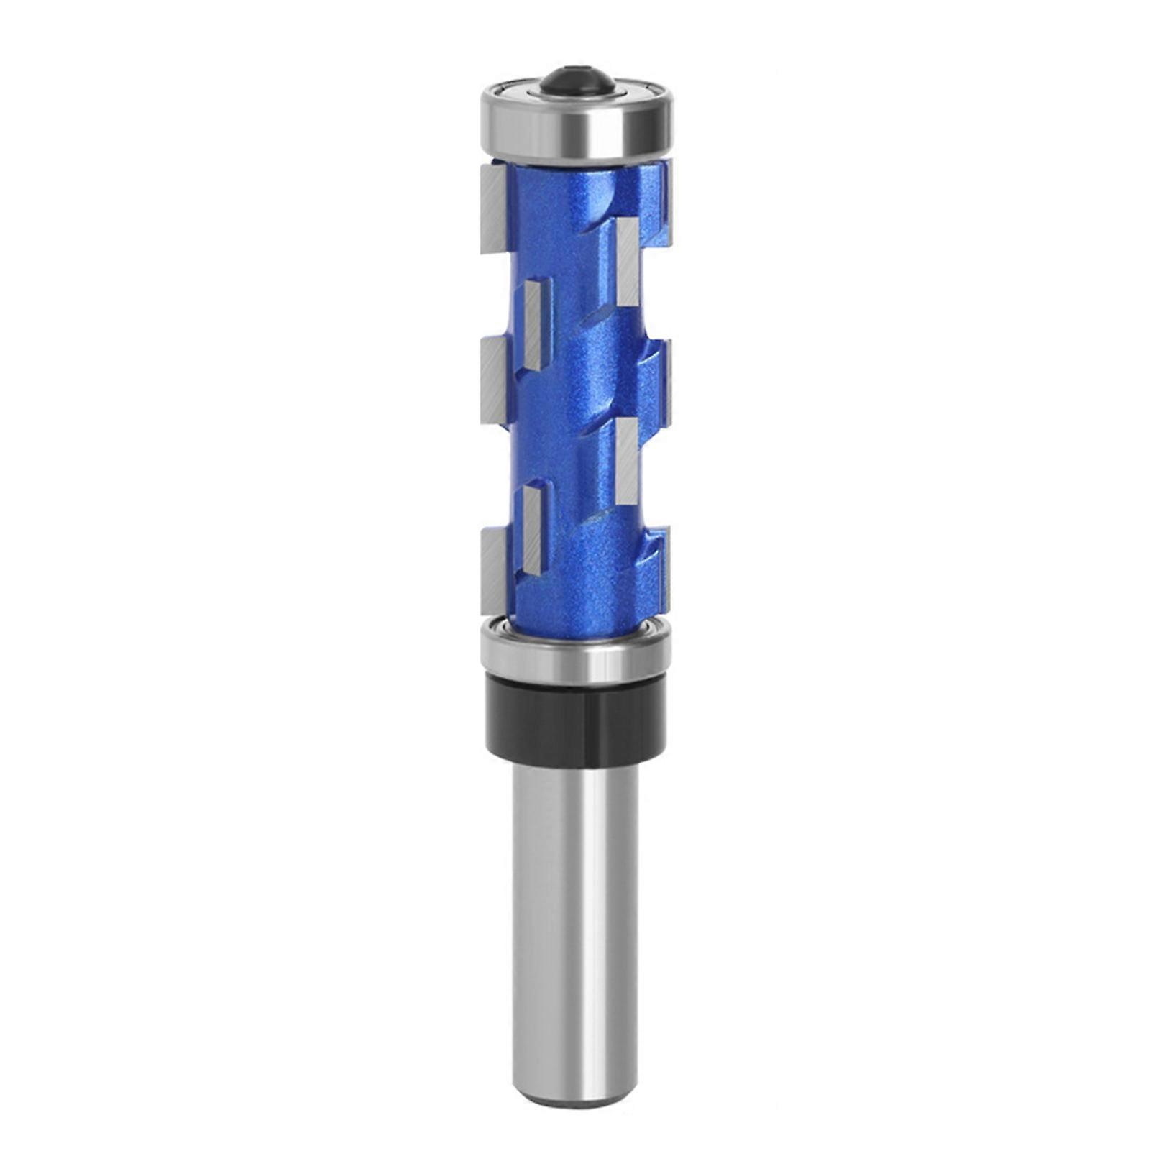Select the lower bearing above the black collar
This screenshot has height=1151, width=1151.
coord(575,651)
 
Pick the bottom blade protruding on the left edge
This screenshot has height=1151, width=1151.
coord(495,569)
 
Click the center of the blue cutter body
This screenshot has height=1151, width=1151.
coord(575,388)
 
